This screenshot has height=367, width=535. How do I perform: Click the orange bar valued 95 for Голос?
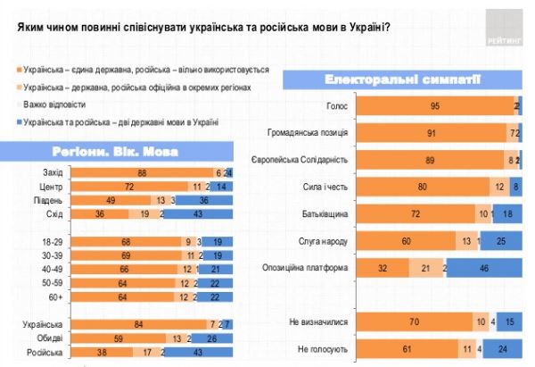[x=435, y=107]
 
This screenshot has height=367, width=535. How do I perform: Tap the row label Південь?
[x=51, y=200]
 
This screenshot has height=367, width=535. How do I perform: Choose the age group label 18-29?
[x=53, y=241]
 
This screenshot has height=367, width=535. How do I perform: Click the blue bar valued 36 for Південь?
[x=204, y=200]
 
